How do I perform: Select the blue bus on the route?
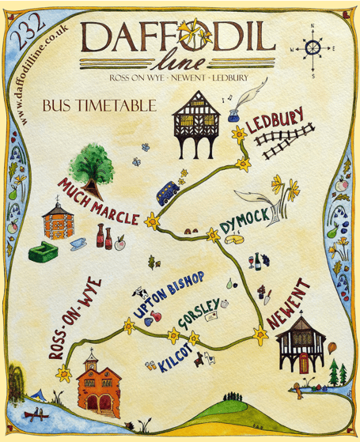click(166, 192)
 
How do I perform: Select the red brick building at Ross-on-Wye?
click(103, 384)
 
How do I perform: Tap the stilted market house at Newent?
click(300, 349)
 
